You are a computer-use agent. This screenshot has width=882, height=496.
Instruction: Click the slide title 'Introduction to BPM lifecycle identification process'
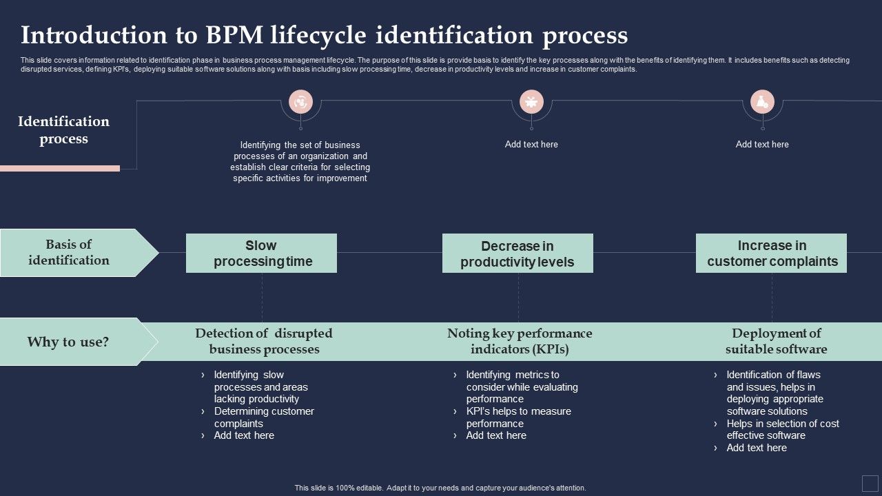tap(324, 35)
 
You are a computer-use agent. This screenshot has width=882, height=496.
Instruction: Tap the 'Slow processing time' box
tap(261, 254)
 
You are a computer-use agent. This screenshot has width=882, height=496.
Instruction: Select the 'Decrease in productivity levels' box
tap(517, 254)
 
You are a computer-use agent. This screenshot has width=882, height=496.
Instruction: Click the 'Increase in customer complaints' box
tap(771, 254)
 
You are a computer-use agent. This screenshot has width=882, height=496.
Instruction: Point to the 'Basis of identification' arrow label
tap(70, 253)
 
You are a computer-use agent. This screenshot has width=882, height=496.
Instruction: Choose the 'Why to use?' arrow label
tap(68, 342)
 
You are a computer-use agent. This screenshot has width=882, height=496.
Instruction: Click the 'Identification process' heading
tap(63, 130)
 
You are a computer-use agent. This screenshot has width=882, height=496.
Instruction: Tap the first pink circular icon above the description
tap(300, 102)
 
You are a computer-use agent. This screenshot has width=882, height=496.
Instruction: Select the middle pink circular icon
tap(531, 102)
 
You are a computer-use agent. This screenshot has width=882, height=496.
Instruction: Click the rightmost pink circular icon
tap(762, 102)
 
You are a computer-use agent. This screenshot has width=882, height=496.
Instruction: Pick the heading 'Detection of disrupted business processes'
tap(264, 341)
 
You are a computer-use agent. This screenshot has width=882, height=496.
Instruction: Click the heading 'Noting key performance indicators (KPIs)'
tap(520, 341)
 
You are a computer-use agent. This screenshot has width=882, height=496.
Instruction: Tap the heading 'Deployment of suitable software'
tap(776, 341)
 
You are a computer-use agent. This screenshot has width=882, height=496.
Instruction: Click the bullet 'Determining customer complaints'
tap(263, 417)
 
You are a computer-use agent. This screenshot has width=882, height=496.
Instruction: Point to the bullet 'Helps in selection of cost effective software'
tap(782, 429)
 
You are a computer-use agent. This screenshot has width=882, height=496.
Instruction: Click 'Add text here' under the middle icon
tap(531, 145)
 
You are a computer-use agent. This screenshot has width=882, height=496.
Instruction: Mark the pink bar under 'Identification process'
tap(60, 168)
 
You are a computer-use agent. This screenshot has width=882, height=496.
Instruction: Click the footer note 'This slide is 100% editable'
tap(440, 488)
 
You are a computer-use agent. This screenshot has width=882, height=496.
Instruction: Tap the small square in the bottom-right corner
tap(869, 482)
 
